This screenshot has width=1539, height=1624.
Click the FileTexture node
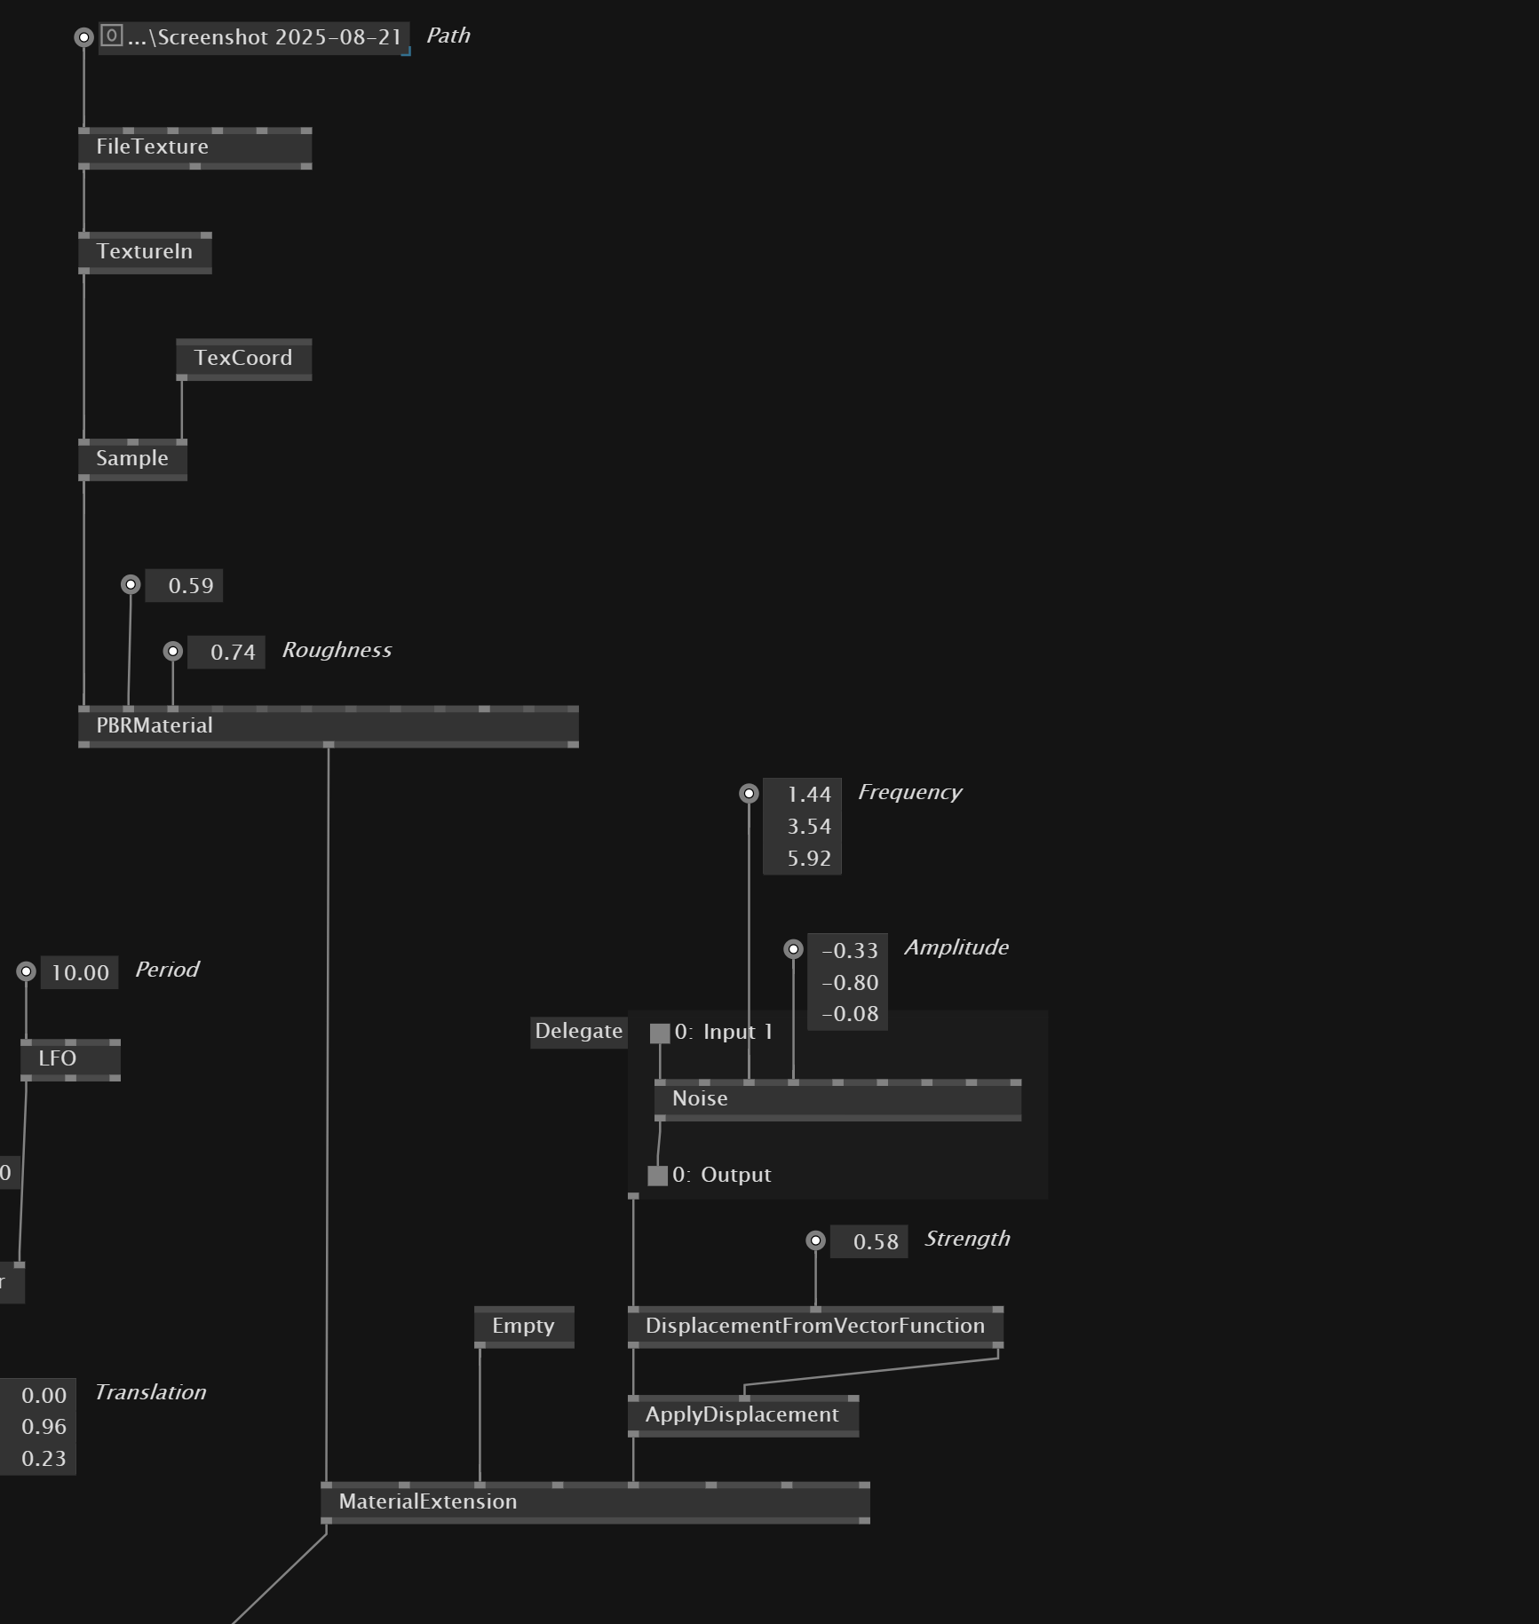point(152,147)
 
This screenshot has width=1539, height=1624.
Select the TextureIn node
point(144,252)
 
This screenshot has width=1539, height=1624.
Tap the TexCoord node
point(242,359)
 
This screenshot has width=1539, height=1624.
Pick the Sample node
point(131,459)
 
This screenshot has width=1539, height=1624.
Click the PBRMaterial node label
point(155,726)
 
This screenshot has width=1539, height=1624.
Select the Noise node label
point(700,1099)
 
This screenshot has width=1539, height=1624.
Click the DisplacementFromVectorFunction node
point(814,1327)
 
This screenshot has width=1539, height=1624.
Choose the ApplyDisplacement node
point(742,1415)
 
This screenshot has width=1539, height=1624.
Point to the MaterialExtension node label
point(427,1502)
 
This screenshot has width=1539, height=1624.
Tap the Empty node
point(523,1327)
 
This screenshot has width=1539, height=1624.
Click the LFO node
point(58,1059)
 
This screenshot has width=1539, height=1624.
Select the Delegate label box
point(578,1032)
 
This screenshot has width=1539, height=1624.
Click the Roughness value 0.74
point(232,653)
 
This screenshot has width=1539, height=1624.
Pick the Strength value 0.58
point(875,1242)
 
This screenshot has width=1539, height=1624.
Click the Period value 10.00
point(80,973)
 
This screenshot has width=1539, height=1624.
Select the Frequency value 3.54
point(808,827)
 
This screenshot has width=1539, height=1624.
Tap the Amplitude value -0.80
point(850,983)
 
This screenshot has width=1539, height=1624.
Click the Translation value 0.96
point(44,1427)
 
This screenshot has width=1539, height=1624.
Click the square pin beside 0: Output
point(657,1176)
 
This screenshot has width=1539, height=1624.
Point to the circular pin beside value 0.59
point(131,584)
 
